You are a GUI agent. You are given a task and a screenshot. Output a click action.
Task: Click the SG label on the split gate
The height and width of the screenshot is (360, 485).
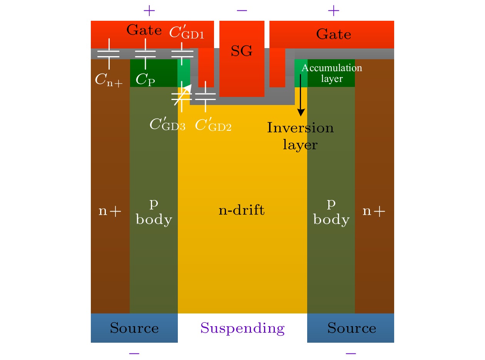tap(242, 51)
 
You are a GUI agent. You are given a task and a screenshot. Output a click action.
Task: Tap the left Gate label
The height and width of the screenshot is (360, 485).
tap(144, 30)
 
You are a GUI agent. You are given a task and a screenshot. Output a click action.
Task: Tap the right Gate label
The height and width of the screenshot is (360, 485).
tap(333, 35)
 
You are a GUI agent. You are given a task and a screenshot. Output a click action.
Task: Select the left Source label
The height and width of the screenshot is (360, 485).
tap(134, 328)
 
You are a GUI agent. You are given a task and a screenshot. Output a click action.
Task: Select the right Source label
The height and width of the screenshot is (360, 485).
tap(351, 328)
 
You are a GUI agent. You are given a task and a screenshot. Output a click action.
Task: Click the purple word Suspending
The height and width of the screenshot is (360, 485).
tap(242, 328)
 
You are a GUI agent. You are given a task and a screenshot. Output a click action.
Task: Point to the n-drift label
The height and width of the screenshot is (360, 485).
tap(242, 211)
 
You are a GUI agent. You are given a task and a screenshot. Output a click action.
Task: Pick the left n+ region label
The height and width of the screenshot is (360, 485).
tap(110, 211)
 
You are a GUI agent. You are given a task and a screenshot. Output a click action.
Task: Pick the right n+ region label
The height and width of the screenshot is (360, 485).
tap(374, 211)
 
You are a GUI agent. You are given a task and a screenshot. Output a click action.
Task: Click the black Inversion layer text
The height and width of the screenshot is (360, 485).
tap(301, 136)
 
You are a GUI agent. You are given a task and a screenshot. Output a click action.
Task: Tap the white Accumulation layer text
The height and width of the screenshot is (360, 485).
tap(332, 73)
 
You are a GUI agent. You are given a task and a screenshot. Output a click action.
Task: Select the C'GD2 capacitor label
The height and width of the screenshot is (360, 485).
tap(213, 125)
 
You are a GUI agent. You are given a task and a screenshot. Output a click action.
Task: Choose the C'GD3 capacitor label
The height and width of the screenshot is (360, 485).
tap(167, 125)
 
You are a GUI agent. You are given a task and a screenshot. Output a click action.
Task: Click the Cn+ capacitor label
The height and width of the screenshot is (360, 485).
tap(109, 80)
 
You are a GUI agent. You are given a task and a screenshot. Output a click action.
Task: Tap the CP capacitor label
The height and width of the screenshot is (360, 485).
tap(144, 80)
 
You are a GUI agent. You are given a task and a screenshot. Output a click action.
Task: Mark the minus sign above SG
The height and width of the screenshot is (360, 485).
tap(242, 10)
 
